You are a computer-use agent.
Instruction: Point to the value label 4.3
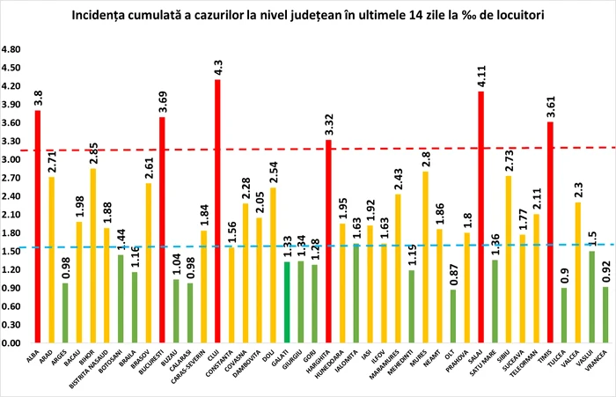(x=217, y=66)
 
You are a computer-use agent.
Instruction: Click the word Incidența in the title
(x=134, y=16)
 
